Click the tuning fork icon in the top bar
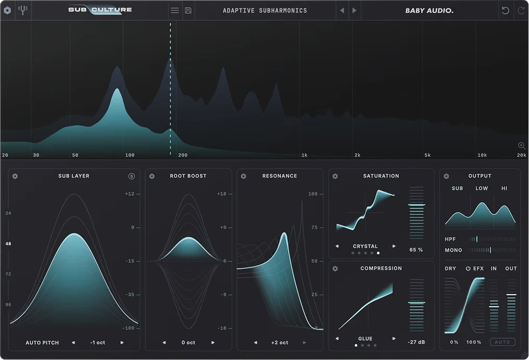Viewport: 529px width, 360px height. [22, 10]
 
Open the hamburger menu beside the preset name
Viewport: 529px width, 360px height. [175, 10]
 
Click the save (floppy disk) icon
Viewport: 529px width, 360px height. [188, 10]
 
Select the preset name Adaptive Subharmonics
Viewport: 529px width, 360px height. [265, 10]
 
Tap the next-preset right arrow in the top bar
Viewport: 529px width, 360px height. [354, 10]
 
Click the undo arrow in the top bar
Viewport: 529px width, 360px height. [506, 10]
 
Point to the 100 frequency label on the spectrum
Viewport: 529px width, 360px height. [130, 155]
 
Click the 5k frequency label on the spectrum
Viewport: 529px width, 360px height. [427, 155]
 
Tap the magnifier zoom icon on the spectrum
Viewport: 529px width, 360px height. [522, 146]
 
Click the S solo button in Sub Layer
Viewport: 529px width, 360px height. [132, 176]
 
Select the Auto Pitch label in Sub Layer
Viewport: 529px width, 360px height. [42, 342]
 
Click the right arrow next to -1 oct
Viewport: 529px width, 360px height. [122, 342]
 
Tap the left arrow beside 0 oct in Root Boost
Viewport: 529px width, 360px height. [165, 342]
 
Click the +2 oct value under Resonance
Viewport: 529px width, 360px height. [280, 342]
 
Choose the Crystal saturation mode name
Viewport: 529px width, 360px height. [366, 247]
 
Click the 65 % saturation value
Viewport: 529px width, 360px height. [416, 250]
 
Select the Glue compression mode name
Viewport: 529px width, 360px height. [366, 339]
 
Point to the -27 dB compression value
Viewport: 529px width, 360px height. [417, 342]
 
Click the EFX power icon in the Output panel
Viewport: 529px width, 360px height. [468, 268]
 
